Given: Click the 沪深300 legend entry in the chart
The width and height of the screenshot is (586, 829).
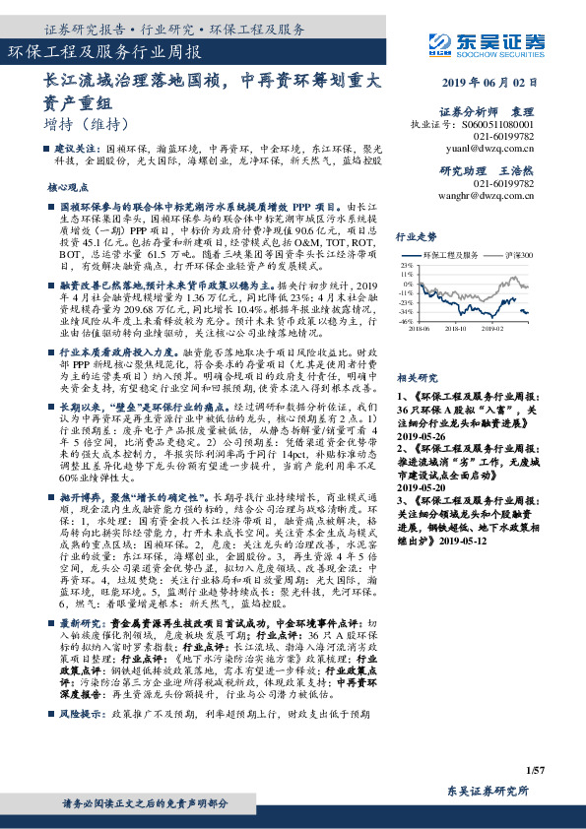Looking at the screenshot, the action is click(519, 253).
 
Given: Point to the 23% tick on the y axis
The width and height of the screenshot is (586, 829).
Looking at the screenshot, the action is click(405, 265).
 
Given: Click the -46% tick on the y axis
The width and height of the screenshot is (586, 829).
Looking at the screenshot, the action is click(405, 321).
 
